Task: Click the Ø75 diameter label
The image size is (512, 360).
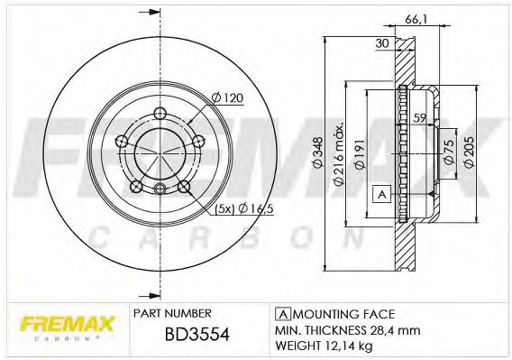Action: click(x=448, y=150)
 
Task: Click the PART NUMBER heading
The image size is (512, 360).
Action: click(x=172, y=313)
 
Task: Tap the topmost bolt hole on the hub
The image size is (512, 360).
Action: click(x=160, y=113)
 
